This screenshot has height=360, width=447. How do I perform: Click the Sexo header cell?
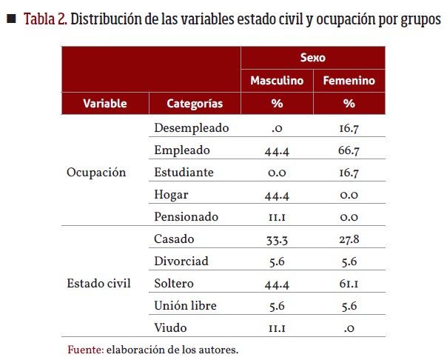[313, 57]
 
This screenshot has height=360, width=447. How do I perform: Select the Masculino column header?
[277, 81]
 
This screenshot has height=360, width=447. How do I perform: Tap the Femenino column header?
[349, 81]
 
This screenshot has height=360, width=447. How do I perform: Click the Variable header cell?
[104, 104]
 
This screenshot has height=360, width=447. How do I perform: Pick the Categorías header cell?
[195, 104]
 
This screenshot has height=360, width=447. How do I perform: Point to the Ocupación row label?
[96, 172]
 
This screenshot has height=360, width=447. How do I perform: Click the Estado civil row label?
[98, 283]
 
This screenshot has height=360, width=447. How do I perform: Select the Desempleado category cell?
[191, 127]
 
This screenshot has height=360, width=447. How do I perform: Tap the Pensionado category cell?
[186, 217]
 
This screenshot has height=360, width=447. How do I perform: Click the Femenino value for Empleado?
[349, 150]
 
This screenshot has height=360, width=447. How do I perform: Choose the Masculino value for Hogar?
[277, 195]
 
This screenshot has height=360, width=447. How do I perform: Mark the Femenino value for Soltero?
[349, 283]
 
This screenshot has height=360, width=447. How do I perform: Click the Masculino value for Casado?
[277, 239]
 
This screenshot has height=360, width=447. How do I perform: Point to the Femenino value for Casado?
[349, 239]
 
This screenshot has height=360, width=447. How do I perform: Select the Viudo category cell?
[170, 327]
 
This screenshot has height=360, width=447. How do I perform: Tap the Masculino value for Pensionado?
[277, 217]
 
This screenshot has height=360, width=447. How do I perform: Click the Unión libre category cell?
[186, 305]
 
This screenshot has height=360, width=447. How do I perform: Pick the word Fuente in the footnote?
[84, 348]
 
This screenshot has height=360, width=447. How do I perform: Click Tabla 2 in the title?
[46, 19]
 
